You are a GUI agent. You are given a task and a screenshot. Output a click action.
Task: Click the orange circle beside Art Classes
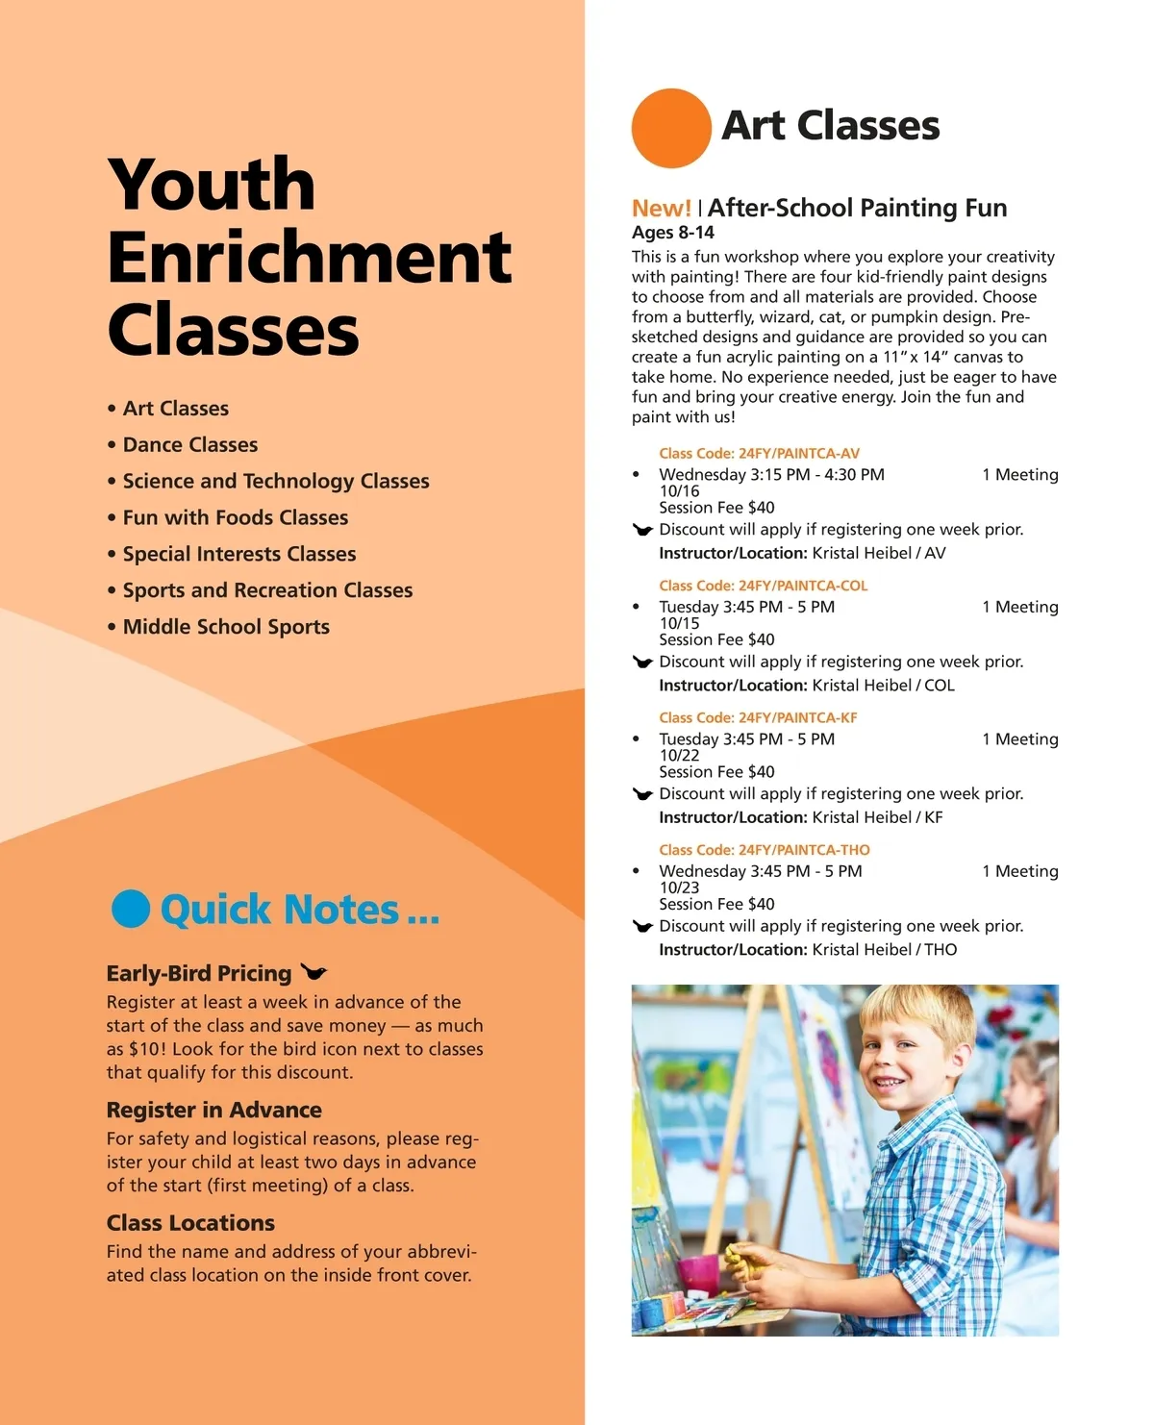click(x=671, y=128)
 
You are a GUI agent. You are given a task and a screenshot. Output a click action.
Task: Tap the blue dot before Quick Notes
click(x=131, y=909)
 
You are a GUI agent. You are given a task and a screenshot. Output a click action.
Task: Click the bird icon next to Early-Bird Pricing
click(x=314, y=972)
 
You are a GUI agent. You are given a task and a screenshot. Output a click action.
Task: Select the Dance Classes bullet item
click(x=190, y=445)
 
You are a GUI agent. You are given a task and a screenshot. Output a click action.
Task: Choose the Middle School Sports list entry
click(x=226, y=627)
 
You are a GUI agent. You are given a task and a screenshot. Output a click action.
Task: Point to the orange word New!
click(x=661, y=208)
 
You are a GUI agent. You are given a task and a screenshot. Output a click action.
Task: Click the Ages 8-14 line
click(x=673, y=233)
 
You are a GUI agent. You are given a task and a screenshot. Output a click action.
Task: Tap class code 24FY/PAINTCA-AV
click(x=759, y=454)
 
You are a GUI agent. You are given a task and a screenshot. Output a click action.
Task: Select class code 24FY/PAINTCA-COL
click(x=763, y=586)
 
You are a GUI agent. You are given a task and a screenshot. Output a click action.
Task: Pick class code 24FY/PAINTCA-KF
click(x=758, y=718)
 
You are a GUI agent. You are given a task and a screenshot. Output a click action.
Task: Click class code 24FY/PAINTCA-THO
click(x=764, y=850)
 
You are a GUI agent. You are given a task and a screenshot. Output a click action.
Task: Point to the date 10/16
click(x=679, y=491)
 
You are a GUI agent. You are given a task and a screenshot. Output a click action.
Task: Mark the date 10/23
click(x=679, y=887)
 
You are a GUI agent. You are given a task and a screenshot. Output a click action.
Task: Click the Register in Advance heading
click(x=214, y=1110)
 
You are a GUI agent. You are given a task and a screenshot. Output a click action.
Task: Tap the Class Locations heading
click(x=190, y=1223)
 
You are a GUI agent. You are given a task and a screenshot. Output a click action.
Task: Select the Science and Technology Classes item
click(x=276, y=481)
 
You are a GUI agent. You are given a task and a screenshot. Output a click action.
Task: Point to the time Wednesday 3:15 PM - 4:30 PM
click(x=771, y=475)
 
